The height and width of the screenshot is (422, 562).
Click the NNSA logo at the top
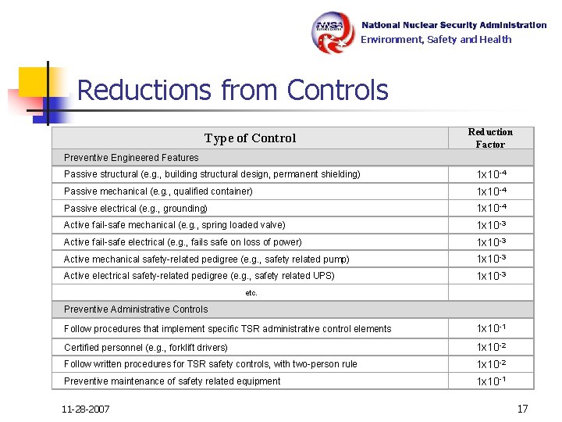(x=334, y=32)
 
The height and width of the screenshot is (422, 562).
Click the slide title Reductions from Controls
(x=233, y=91)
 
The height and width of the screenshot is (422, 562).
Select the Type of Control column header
(x=250, y=138)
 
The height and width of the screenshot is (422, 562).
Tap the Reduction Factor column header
(x=490, y=138)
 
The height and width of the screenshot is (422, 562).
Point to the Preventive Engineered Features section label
(x=131, y=157)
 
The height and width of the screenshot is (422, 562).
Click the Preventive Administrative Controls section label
(x=136, y=309)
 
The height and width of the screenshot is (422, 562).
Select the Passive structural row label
(x=212, y=174)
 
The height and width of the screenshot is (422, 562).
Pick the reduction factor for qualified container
(x=492, y=191)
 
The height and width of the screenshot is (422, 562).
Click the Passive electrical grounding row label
(x=135, y=209)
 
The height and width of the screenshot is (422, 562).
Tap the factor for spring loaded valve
(x=492, y=226)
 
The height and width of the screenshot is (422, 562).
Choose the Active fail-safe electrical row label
(x=183, y=242)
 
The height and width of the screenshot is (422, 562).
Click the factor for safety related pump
(x=492, y=259)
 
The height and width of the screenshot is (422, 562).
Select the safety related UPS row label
(x=199, y=276)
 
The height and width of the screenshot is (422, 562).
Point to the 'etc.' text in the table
(x=251, y=293)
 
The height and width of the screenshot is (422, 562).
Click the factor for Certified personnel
(x=492, y=347)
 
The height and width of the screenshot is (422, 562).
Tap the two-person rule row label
(x=211, y=364)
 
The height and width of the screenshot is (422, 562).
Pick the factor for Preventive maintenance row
(x=492, y=381)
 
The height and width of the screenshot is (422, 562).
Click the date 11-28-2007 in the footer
(x=86, y=409)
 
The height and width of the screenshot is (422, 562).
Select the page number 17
(x=522, y=408)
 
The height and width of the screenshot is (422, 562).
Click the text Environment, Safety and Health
(x=436, y=40)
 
